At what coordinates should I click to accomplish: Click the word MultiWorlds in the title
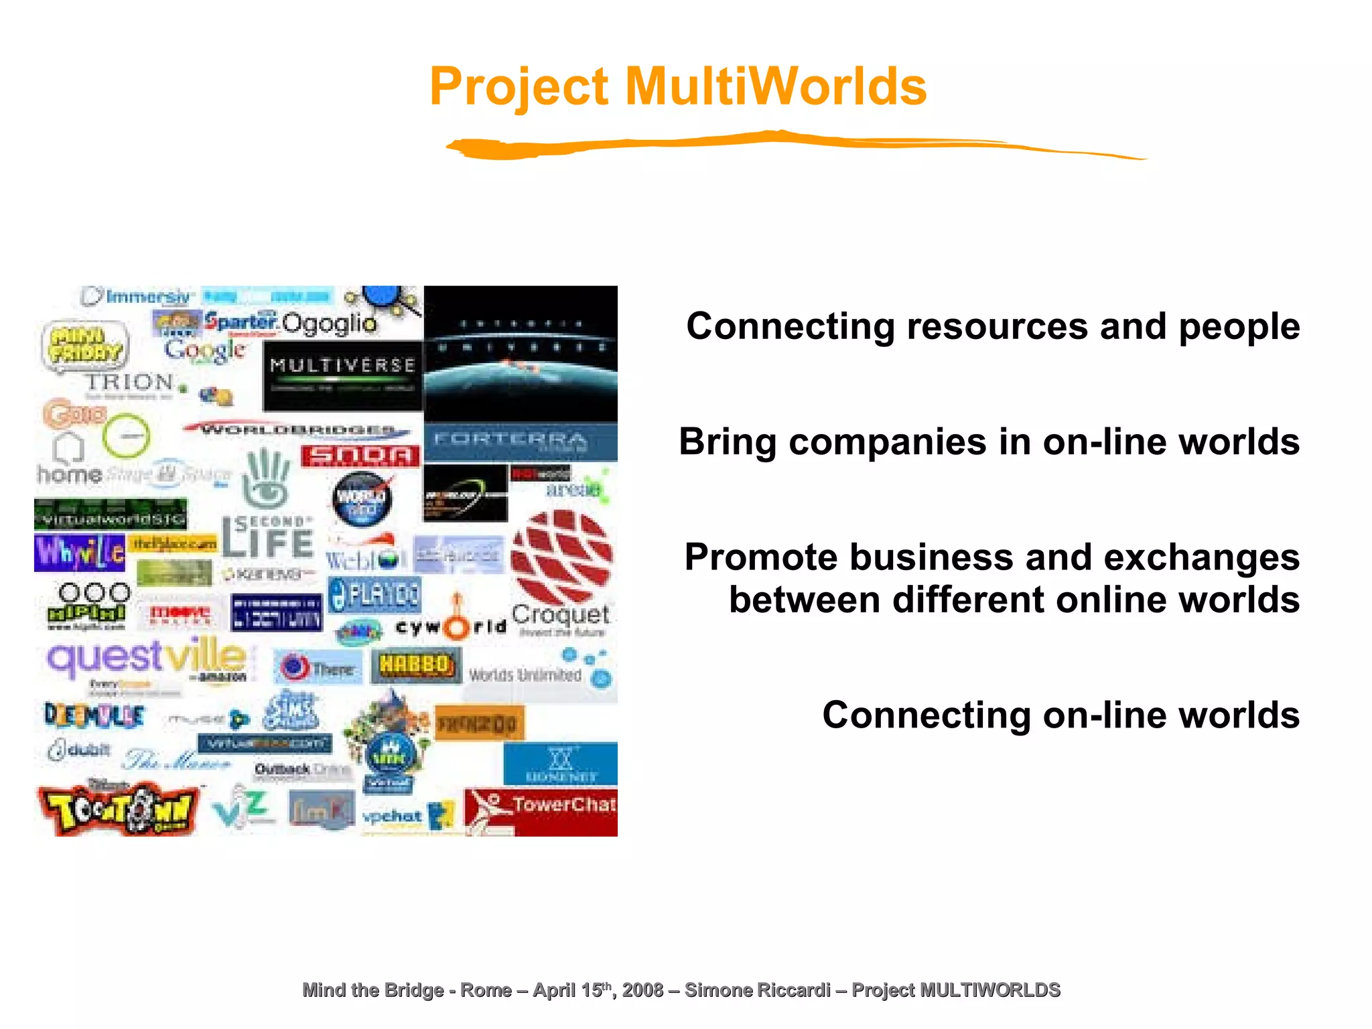(776, 87)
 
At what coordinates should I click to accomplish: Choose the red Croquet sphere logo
(561, 556)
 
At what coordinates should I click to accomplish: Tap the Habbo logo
(415, 665)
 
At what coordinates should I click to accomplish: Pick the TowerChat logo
(541, 811)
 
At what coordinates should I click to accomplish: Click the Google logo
(204, 350)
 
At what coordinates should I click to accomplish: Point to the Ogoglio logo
(328, 324)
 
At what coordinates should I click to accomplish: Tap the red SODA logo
(360, 456)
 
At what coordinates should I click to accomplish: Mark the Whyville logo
(79, 552)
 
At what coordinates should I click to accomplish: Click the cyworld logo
(451, 627)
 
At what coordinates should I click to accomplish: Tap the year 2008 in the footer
(642, 989)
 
